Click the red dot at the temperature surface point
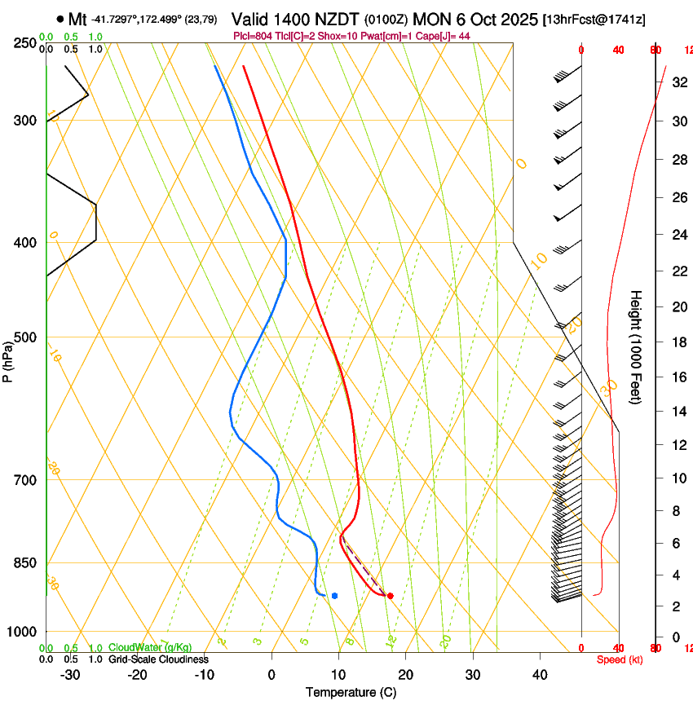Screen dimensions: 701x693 [x=391, y=596]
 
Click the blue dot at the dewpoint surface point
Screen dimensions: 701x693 [x=334, y=596]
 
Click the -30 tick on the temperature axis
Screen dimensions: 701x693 [x=71, y=674]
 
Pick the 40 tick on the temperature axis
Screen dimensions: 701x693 [x=540, y=674]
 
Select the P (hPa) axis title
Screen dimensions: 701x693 [x=7, y=359]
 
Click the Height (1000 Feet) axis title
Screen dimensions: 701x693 [x=636, y=346]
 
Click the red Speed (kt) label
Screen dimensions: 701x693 [x=620, y=659]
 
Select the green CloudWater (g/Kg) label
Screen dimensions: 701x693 [x=150, y=648]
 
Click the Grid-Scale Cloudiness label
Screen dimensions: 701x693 [x=158, y=659]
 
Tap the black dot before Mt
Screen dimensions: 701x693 [x=60, y=19]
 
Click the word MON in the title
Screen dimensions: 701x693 [x=431, y=19]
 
